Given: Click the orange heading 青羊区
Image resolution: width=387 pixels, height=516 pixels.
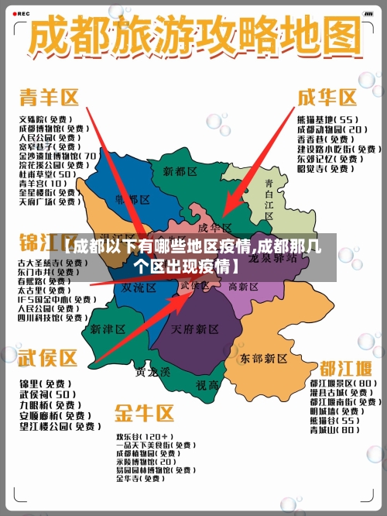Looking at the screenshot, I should [50, 98].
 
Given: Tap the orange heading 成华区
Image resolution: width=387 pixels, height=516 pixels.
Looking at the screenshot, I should [327, 98].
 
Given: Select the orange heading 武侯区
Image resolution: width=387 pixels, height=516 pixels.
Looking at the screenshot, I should [49, 358].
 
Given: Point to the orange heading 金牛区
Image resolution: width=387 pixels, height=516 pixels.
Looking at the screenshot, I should [145, 411].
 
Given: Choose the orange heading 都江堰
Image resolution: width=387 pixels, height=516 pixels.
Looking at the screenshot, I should [341, 366].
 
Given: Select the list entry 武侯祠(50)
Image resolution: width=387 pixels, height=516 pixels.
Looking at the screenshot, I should [48, 394].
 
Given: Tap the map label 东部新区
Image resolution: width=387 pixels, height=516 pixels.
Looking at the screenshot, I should [265, 358].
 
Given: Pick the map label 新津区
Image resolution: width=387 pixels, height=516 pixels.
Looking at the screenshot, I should [107, 329].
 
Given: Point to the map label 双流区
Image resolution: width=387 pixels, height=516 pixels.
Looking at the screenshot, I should [139, 287].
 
